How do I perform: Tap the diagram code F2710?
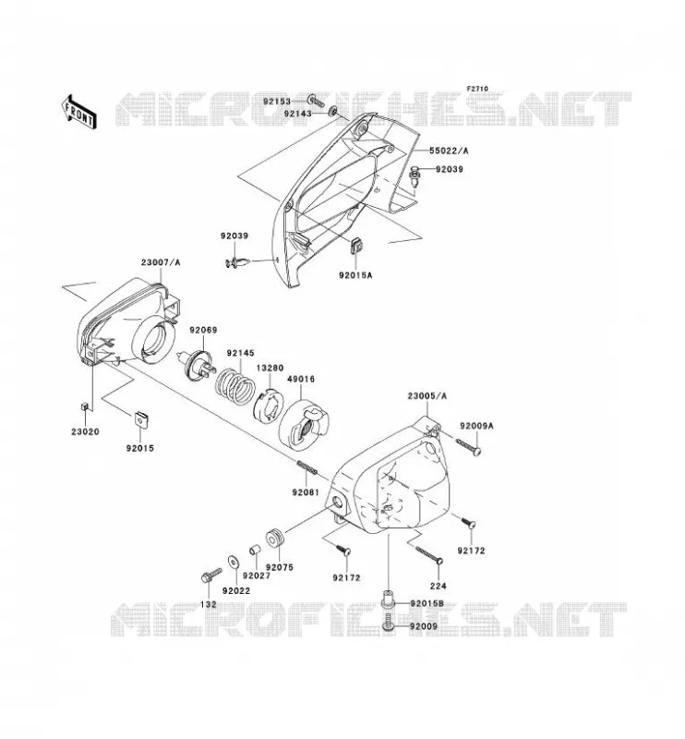[477, 89]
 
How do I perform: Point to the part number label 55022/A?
[449, 151]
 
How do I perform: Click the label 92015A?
[355, 274]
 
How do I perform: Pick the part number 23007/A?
[161, 262]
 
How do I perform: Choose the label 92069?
[203, 330]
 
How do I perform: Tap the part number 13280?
[270, 368]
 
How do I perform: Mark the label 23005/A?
[427, 396]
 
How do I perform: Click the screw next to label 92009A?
[469, 447]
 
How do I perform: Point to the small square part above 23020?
[85, 406]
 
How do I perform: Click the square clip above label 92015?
[140, 418]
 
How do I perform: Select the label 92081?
[306, 492]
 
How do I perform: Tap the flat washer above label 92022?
[233, 563]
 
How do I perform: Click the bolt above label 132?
[211, 575]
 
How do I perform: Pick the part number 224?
[439, 586]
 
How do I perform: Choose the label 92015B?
[427, 604]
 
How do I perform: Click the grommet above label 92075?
[275, 539]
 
